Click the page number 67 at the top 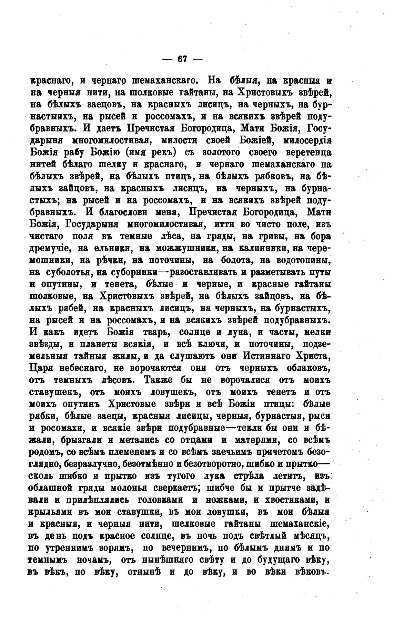click(182, 59)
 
